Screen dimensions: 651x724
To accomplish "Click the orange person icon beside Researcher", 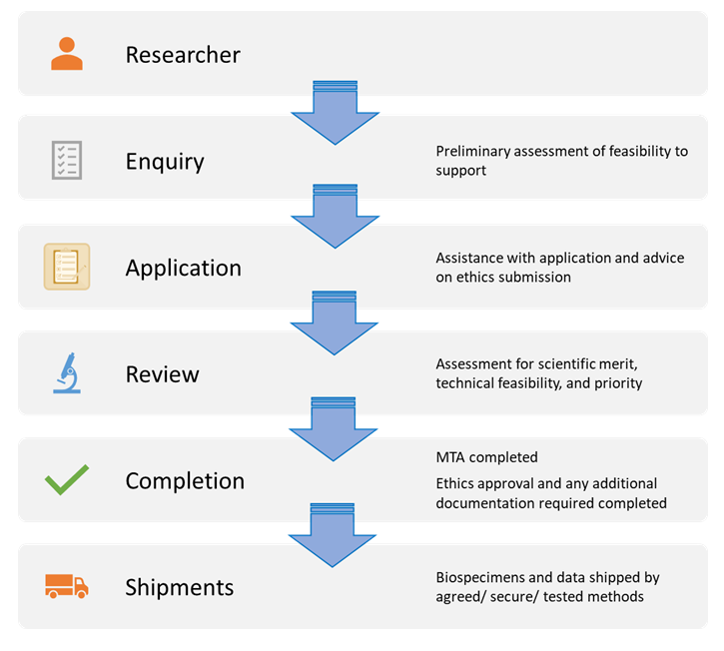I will point(67,54).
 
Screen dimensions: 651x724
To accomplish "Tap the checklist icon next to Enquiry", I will point(67,160).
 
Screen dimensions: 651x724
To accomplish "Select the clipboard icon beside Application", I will point(67,267).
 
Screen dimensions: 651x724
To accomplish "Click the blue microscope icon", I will point(67,373).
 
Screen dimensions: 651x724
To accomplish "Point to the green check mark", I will point(67,480).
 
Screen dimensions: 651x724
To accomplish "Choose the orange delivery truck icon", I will point(67,586).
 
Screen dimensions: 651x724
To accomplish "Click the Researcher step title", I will point(183,54).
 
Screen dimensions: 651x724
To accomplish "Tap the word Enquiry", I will point(165,161).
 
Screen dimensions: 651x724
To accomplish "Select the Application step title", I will point(183,268).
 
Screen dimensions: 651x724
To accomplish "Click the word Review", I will point(162,374).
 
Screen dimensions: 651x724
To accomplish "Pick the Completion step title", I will point(185,480).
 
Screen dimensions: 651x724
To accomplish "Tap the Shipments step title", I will point(179,587).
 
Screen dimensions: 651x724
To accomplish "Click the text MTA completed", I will point(486,457).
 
